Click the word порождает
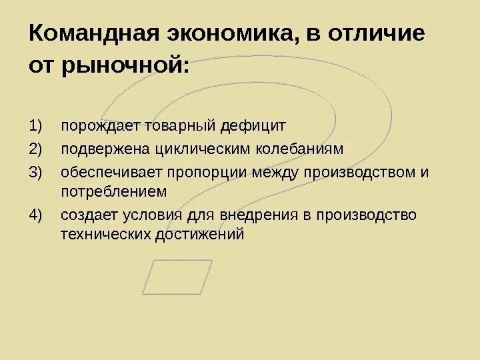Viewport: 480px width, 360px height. click(x=92, y=126)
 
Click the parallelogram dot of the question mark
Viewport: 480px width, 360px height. click(x=177, y=277)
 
